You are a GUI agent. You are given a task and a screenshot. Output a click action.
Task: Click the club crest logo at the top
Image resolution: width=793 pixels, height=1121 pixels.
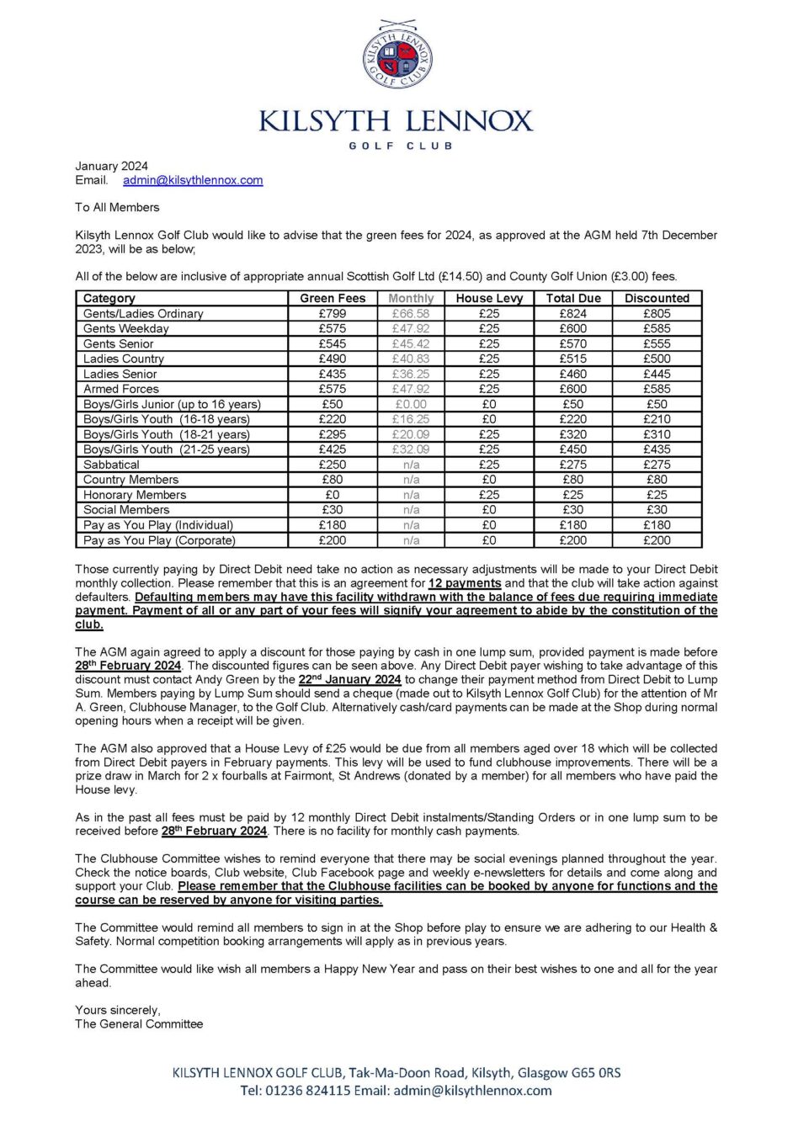(396, 56)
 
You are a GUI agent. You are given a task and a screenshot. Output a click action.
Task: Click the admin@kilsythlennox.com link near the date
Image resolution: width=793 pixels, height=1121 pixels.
(193, 180)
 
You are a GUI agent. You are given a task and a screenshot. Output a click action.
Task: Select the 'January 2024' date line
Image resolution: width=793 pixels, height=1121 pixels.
(111, 166)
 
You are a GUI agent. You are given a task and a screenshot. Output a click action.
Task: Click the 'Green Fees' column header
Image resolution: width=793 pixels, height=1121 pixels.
(333, 298)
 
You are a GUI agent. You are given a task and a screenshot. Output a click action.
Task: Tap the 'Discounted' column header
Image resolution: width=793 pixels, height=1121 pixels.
(657, 298)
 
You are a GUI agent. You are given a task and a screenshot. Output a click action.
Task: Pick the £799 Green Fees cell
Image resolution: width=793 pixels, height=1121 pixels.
(333, 313)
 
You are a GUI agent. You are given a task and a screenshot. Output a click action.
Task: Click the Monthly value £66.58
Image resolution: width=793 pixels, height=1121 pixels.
(411, 313)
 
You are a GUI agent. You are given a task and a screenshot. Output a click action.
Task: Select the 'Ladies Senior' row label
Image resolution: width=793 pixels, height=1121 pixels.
(120, 374)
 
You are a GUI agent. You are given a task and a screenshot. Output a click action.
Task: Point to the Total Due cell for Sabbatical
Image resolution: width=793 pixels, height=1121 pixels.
(573, 465)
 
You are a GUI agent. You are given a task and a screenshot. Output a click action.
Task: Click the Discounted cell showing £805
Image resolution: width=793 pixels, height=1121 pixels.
(657, 313)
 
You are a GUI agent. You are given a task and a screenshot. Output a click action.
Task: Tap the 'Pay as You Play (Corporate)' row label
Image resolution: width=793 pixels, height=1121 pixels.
(159, 540)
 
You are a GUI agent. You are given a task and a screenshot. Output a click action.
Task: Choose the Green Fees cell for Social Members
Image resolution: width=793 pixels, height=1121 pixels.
(333, 510)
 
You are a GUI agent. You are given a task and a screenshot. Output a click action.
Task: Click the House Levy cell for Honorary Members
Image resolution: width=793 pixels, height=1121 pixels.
(489, 495)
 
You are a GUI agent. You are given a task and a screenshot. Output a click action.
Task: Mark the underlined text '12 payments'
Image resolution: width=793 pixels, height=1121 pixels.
(465, 583)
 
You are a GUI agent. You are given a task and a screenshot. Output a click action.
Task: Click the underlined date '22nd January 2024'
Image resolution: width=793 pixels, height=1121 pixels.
(349, 679)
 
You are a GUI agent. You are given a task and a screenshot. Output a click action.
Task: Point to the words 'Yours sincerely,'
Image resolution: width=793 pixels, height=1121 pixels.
(118, 1010)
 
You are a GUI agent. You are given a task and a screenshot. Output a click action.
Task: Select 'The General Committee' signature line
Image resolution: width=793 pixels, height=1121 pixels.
(139, 1024)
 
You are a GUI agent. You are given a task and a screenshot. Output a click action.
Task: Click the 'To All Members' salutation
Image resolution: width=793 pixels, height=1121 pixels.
(117, 207)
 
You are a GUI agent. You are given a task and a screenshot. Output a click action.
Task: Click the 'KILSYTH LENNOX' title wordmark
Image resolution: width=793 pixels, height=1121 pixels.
(396, 121)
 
